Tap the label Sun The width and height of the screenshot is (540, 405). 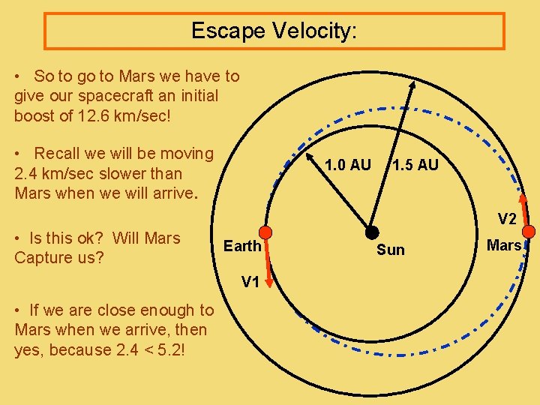(x=390, y=250)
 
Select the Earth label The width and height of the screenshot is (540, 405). (x=242, y=246)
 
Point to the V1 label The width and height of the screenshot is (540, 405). (x=250, y=282)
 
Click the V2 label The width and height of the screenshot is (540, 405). (x=507, y=220)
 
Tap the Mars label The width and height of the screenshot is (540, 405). (x=503, y=245)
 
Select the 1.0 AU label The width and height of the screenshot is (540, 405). (x=348, y=165)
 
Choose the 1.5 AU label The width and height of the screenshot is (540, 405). (x=415, y=165)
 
